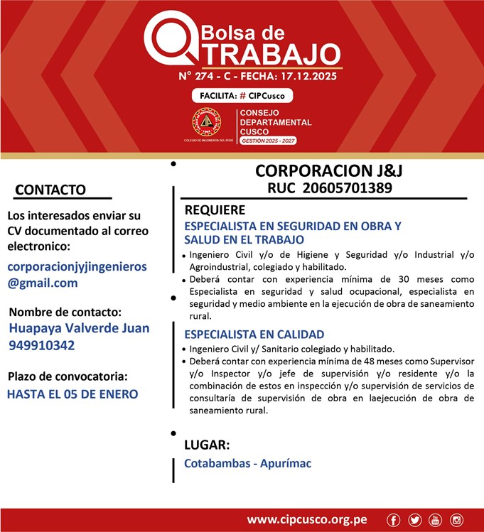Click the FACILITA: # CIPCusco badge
(242, 96)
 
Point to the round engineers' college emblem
(206, 123)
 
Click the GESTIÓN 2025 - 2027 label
(268, 141)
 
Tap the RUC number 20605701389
(329, 188)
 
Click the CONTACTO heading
(50, 190)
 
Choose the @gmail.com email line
(43, 283)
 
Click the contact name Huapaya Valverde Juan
(80, 328)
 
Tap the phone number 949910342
(41, 345)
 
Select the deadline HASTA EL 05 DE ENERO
(72, 394)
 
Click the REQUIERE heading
(215, 210)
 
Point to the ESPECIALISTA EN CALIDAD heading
(254, 335)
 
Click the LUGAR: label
(207, 445)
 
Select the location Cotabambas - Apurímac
(247, 464)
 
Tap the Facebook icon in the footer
(393, 520)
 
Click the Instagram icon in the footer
(456, 520)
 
